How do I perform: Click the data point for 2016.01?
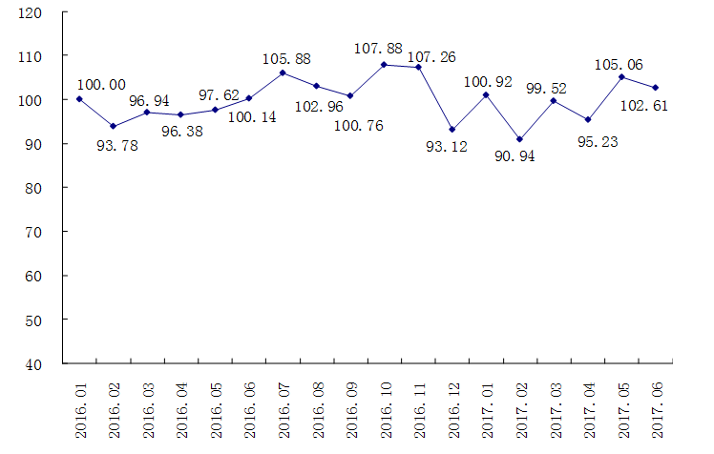pos(79,99)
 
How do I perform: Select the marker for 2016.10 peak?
pos(384,65)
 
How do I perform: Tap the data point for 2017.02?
pos(519,139)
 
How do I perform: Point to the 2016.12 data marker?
pos(451,130)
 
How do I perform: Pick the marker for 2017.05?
pos(621,77)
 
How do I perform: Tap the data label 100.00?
pos(101,84)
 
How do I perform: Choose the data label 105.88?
pos(287,59)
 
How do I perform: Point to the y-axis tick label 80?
pos(34,188)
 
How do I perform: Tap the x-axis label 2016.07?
pos(283,407)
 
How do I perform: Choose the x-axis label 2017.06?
pos(657,407)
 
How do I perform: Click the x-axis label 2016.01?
pos(80,407)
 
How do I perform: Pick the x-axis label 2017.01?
pos(487,407)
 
